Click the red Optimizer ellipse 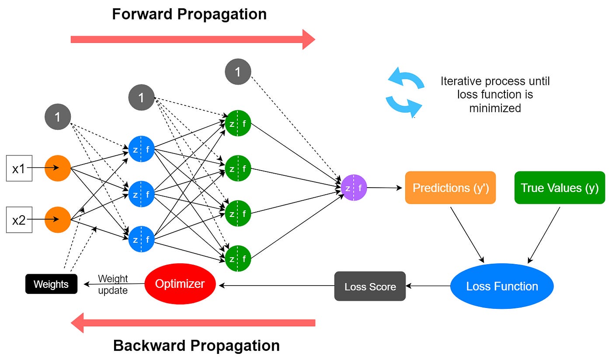180,284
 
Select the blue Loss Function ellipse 502,287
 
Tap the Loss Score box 370,287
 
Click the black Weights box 51,284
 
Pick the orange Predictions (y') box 450,188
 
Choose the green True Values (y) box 560,188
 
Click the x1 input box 19,168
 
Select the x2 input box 19,220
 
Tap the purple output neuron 354,188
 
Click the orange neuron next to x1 58,168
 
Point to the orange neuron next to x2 58,220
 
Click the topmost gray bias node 238,72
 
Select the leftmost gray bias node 58,117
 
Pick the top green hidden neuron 238,123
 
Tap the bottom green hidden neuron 238,259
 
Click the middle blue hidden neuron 141,194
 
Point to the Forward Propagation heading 189,14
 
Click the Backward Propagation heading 196,346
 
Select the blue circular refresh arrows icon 405,93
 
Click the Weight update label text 113,284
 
